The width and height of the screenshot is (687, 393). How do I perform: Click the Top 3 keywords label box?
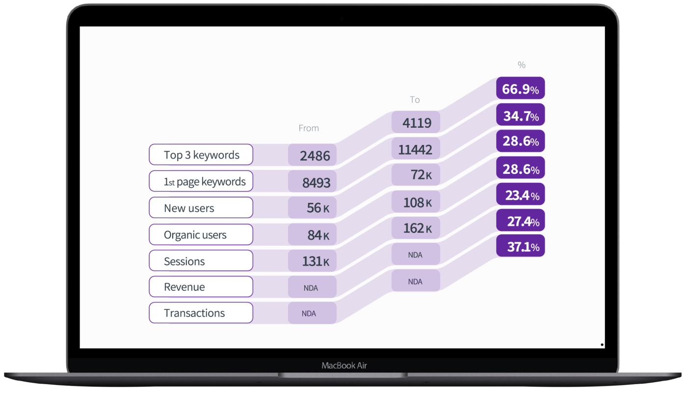pos(201,155)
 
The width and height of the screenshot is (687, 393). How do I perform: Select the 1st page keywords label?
pos(201,181)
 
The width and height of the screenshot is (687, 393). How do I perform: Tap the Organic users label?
pos(201,234)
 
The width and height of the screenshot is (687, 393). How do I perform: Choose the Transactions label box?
pos(201,313)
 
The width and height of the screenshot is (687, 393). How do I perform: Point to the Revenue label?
pos(201,287)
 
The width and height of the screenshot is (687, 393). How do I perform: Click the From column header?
pos(309,128)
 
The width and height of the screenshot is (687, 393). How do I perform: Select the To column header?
pos(415,100)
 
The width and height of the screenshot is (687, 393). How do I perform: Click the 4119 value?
pos(416,122)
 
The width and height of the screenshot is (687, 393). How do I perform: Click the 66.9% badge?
pos(520,89)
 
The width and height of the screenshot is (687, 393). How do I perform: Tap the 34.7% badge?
pos(520,115)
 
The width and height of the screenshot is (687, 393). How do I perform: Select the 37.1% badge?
pos(520,246)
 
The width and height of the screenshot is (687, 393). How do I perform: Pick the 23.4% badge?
pos(520,195)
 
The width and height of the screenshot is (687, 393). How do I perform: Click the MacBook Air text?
pos(344,365)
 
